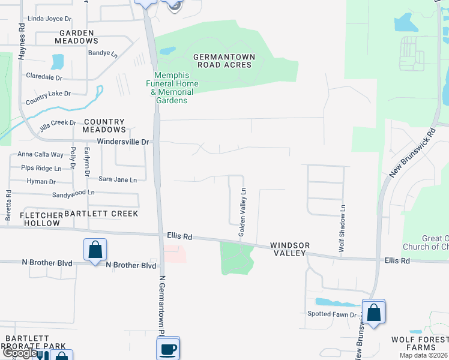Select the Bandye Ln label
pos(103,53)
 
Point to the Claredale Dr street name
pos(44,77)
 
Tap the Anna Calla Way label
pos(40,154)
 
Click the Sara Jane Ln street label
pos(118,179)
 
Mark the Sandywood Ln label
pos(73,193)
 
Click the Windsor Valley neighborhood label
pos(290,250)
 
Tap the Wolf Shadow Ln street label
pos(342,228)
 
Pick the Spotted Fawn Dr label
pos(333,314)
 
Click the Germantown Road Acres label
pos(224,61)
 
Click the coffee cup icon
pos(168,347)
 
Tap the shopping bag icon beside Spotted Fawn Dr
pos(373,312)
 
